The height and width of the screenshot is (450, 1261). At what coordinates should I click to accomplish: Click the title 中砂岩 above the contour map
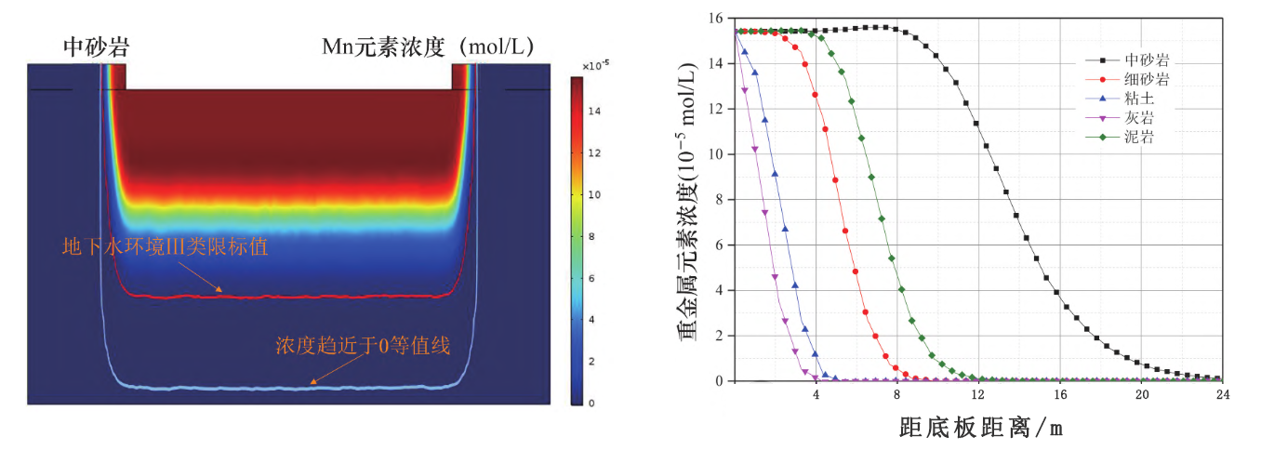(x=96, y=45)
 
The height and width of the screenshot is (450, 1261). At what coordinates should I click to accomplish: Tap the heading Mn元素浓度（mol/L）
(x=427, y=45)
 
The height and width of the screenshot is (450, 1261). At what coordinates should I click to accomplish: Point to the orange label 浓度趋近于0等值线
(x=363, y=347)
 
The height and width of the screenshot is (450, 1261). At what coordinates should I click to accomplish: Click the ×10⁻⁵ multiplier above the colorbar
(x=595, y=66)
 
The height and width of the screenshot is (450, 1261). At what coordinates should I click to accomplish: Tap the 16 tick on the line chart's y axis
(x=716, y=18)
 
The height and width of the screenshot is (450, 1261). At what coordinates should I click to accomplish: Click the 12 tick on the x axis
(x=978, y=395)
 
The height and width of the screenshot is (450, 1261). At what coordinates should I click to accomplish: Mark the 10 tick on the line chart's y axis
(x=716, y=154)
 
